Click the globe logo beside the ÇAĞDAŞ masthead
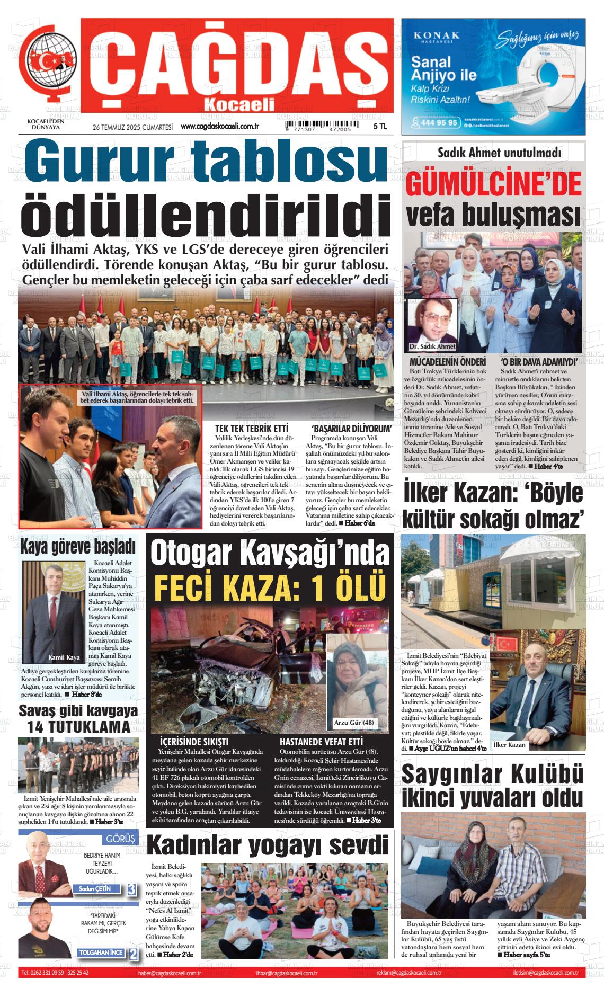point(51,64)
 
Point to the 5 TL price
point(380,127)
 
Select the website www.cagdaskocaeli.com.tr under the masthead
point(220,127)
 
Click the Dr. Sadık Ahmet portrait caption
point(432,346)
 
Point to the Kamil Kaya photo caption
point(64,657)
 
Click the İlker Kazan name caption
point(509,745)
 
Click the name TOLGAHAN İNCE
point(101,953)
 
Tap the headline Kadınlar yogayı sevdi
point(267,845)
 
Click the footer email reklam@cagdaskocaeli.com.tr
point(409,973)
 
